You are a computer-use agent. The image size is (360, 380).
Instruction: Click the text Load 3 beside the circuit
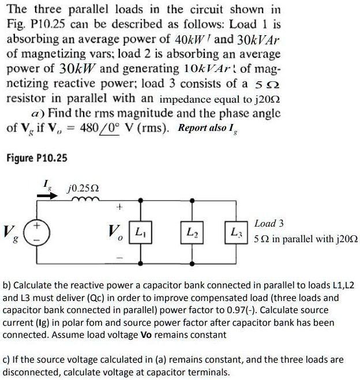269,223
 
